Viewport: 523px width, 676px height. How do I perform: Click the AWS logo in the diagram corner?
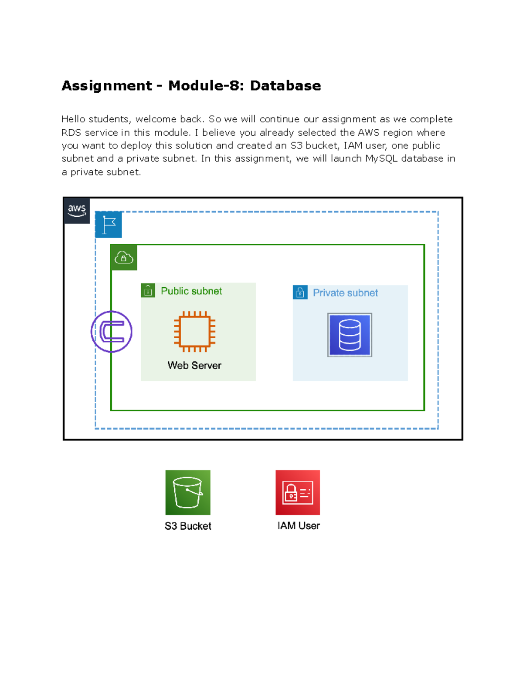click(x=77, y=211)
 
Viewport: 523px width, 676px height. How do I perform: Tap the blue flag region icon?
click(x=109, y=225)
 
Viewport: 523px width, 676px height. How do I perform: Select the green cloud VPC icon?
click(x=124, y=258)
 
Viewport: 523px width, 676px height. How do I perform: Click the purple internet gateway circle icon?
click(x=112, y=332)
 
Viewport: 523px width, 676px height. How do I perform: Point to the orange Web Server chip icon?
click(x=195, y=332)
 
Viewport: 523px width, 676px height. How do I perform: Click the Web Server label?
click(x=194, y=365)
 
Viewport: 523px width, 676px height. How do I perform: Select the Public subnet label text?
click(x=191, y=291)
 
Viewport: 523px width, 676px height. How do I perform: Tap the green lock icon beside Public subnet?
click(x=148, y=290)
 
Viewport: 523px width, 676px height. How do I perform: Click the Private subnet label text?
click(x=345, y=293)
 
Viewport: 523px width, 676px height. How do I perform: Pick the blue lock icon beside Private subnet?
click(x=300, y=293)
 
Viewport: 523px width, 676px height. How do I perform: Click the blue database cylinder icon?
click(x=350, y=335)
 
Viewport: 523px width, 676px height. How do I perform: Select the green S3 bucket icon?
click(x=188, y=492)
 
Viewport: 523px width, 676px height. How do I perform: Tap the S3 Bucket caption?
click(x=188, y=526)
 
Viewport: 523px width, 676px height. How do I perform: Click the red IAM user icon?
click(x=298, y=492)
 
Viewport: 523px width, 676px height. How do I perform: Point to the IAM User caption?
click(x=299, y=526)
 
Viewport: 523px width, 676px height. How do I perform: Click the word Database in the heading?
click(x=285, y=85)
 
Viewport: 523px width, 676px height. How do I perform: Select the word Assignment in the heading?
click(x=107, y=85)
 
